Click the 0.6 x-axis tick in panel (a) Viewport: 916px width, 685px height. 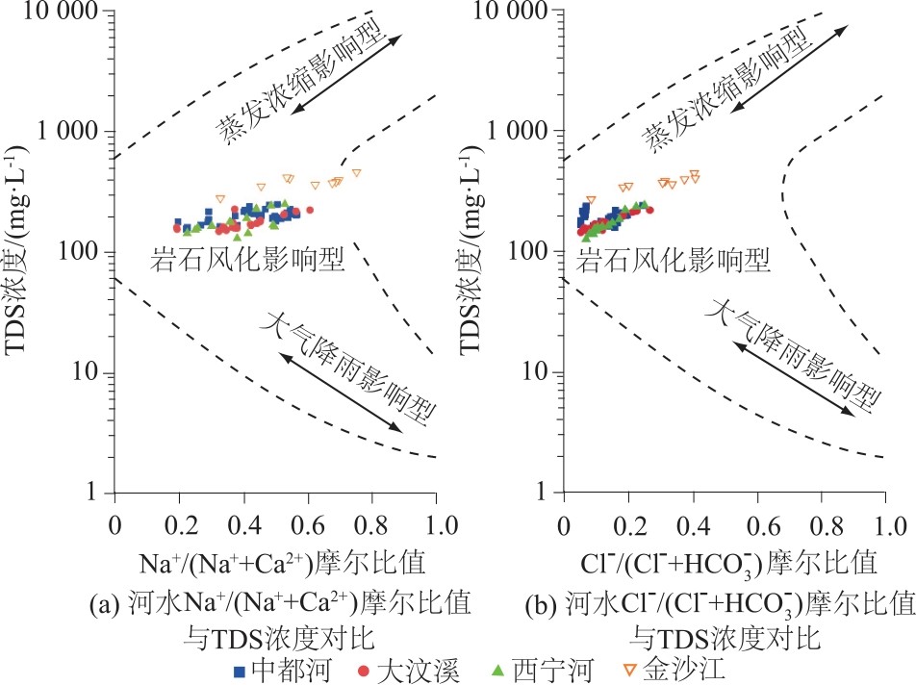point(308,527)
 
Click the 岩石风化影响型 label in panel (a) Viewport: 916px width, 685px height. point(247,260)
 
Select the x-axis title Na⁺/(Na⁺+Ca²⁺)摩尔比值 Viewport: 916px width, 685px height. point(275,560)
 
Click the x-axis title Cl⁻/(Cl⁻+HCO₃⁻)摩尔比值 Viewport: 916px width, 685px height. point(725,560)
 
